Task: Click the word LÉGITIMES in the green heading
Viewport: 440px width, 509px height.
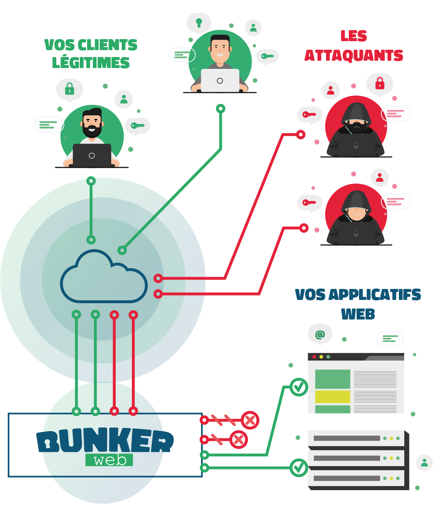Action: pos(91,63)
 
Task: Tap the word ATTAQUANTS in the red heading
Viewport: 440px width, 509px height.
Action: pos(354,55)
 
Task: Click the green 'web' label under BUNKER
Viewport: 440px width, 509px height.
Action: pos(109,460)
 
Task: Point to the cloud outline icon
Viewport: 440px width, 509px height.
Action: pos(103,277)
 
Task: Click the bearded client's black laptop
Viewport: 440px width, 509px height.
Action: pos(92,155)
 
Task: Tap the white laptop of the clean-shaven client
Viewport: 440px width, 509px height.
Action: pos(220,80)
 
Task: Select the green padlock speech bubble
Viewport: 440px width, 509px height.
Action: pos(70,89)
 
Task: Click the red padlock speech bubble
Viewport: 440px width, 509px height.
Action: pos(380,84)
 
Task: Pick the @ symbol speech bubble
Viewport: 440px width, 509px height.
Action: pos(320,335)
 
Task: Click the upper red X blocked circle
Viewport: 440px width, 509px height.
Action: pos(250,420)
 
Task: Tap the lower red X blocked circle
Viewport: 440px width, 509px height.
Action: pos(239,440)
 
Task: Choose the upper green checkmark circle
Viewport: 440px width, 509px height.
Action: pos(299,387)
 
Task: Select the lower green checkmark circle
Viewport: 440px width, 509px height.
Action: pos(299,467)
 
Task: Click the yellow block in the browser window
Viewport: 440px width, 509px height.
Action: pos(333,397)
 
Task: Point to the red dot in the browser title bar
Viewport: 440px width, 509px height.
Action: pos(314,357)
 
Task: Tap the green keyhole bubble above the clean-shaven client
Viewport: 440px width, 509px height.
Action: pos(199,22)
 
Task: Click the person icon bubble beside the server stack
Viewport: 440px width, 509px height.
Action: pos(424,463)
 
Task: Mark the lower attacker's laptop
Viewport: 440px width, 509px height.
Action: pos(356,234)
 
